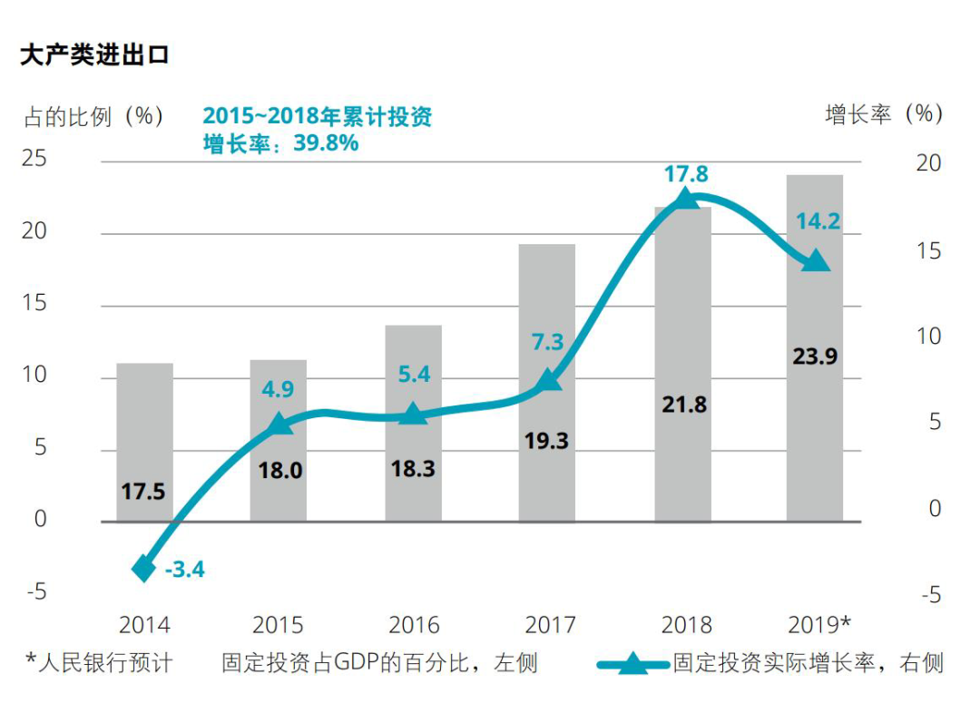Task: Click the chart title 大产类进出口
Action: (94, 56)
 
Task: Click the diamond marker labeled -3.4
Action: (144, 569)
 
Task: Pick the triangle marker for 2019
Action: (816, 260)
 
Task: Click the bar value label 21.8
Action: (684, 405)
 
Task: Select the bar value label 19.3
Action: (546, 441)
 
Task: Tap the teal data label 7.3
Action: (547, 343)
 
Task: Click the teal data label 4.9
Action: (278, 390)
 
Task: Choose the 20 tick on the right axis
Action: (929, 163)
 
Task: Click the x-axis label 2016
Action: (414, 626)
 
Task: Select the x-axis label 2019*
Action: (819, 625)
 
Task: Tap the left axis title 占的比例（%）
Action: (93, 116)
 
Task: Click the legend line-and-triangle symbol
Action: (633, 664)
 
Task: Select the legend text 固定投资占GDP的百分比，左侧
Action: (379, 663)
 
